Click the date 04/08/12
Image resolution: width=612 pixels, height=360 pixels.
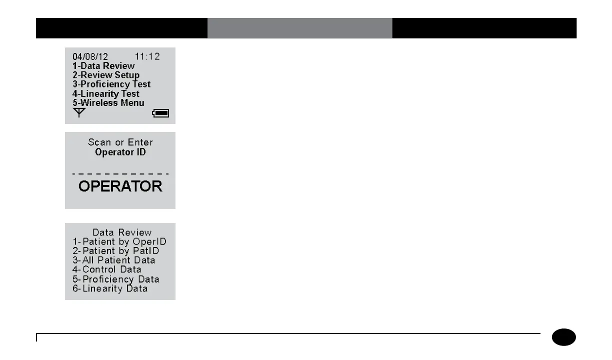[x=90, y=56]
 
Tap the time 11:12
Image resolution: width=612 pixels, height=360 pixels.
[x=147, y=56]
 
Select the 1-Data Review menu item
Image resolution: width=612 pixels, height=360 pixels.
[x=103, y=65]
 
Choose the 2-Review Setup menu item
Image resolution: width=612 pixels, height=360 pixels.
[x=106, y=75]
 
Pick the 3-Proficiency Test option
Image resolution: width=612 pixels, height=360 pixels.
[x=111, y=84]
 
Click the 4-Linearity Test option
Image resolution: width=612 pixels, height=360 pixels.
[x=106, y=93]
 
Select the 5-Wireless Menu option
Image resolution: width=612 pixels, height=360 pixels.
[x=108, y=102]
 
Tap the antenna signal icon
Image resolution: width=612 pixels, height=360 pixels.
[x=79, y=113]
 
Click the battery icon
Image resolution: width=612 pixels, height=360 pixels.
[x=161, y=113]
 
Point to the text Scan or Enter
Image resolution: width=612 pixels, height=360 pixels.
[x=120, y=142]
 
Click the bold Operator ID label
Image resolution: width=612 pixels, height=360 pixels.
[x=120, y=152]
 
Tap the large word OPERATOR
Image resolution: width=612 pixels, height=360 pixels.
[x=120, y=186]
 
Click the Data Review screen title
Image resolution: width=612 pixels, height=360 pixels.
[x=122, y=232]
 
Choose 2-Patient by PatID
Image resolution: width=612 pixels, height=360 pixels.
[x=116, y=251]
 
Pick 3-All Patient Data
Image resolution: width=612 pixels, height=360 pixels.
[x=114, y=260]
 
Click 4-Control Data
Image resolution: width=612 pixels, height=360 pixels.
[x=107, y=269]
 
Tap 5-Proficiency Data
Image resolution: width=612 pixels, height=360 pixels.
[x=116, y=279]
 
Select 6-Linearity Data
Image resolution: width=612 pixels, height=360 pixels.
[x=110, y=288]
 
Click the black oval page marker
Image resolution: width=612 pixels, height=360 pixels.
[x=564, y=337]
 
